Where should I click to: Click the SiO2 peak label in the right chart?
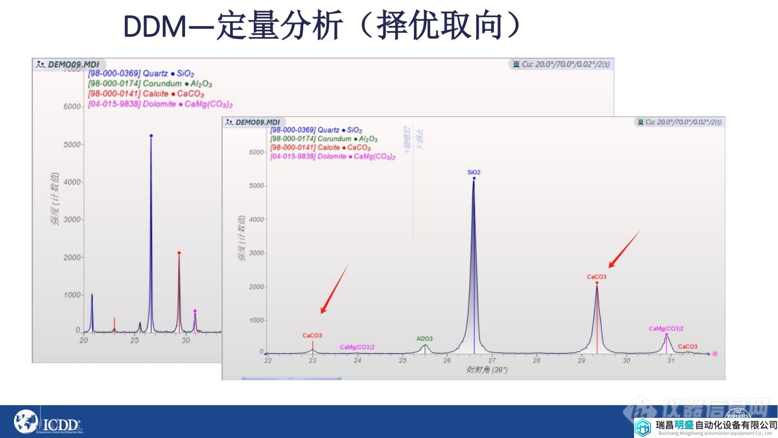pos(473,172)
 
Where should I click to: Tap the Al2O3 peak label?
pos(424,339)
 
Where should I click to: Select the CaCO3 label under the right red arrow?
pos(596,277)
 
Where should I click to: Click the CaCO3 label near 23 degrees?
pos(312,336)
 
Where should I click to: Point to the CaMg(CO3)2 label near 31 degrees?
pos(666,328)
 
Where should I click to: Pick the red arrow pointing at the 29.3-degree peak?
pos(624,249)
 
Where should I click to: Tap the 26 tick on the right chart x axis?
pos(447,361)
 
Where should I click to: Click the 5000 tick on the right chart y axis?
pos(256,186)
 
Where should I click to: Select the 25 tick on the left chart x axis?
pos(134,340)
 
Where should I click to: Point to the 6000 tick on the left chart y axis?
pos(72,107)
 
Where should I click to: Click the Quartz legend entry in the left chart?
pos(141,74)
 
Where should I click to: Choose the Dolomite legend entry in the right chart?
pos(333,156)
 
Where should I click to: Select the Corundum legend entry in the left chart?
pos(150,84)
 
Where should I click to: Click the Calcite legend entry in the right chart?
pos(320,148)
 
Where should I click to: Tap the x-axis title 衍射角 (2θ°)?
pos(487,370)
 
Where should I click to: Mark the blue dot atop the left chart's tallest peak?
pos(151,136)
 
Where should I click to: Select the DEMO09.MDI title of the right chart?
pos(257,122)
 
